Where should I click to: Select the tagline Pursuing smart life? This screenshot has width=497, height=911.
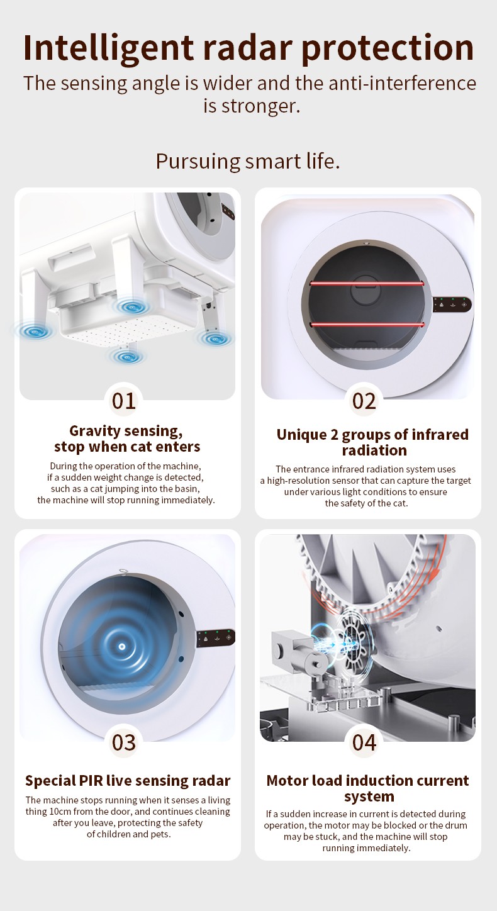tap(248, 162)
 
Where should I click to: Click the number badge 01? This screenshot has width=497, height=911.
tap(124, 401)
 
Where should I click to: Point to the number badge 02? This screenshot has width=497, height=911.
tap(364, 401)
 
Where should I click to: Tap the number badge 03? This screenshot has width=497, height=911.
tap(124, 742)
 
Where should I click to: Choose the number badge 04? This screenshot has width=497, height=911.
tap(364, 742)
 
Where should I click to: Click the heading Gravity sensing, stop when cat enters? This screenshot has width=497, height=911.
tap(127, 439)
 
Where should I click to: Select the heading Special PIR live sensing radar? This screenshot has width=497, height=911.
tap(128, 780)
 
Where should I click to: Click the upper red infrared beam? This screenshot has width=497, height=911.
tap(366, 283)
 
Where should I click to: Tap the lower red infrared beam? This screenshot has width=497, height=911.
tap(366, 324)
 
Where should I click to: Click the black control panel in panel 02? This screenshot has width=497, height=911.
tap(452, 304)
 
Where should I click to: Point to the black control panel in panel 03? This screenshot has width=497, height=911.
tap(216, 638)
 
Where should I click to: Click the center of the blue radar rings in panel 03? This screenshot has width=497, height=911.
tap(121, 646)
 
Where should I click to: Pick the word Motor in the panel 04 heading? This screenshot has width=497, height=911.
tap(287, 780)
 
